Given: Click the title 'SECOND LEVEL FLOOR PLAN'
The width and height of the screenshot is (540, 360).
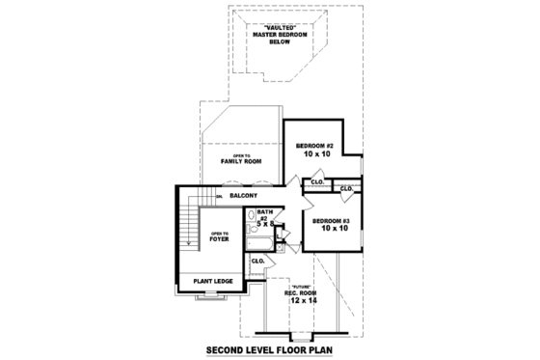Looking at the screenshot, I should pos(270,349).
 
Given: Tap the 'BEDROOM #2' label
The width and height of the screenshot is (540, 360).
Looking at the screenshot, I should pos(315,145).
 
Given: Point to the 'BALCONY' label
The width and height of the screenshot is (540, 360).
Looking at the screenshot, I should pos(243,196).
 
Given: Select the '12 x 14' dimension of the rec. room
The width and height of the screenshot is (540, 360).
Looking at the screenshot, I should pos(301,301).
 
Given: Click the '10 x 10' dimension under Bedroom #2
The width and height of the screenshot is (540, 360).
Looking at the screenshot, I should pos(315,154).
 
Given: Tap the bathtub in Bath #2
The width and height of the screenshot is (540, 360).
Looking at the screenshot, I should pos(257,244).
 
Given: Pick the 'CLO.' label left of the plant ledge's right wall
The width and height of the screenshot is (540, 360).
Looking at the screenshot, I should pos(257,261).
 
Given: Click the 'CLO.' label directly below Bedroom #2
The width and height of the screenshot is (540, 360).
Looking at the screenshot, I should pos(315,182).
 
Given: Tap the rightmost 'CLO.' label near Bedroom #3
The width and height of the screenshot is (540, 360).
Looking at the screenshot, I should pos(346,188).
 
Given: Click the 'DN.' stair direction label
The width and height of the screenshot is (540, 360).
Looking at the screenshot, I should pos(220,197).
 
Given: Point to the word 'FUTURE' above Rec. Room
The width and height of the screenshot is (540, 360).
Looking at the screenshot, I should pos(301,287).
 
